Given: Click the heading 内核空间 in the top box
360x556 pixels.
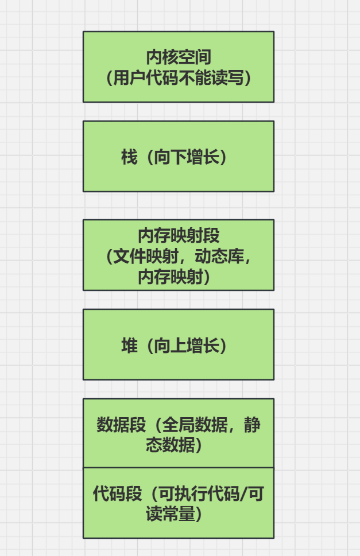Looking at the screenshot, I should (179, 57).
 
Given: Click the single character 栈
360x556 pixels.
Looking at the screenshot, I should (129, 157).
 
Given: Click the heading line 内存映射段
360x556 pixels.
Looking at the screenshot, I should (179, 235).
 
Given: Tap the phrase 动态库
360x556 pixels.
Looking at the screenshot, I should (211, 256).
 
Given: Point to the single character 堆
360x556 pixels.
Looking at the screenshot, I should (129, 345).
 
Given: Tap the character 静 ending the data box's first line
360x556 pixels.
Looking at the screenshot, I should (252, 425).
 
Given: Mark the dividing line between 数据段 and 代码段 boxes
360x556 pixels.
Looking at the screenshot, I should (179, 468).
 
